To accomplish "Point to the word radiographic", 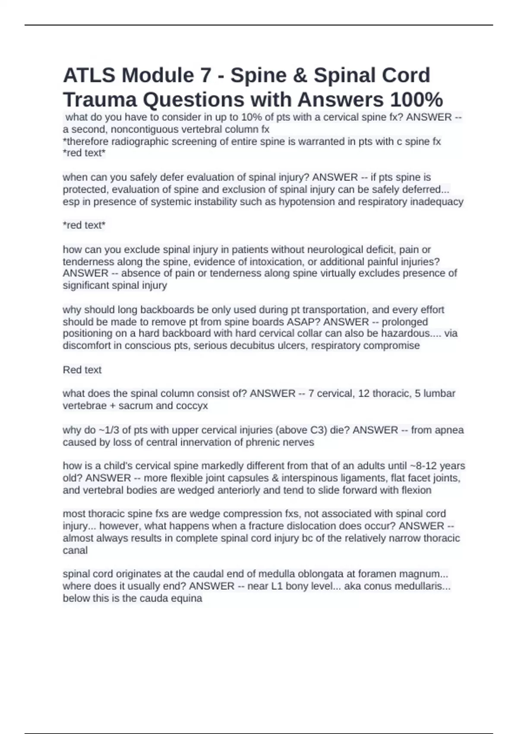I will [x=141, y=142].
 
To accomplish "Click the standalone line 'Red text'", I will [x=82, y=370].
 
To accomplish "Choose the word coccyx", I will [x=191, y=406].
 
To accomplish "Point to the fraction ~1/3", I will [x=111, y=430].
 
